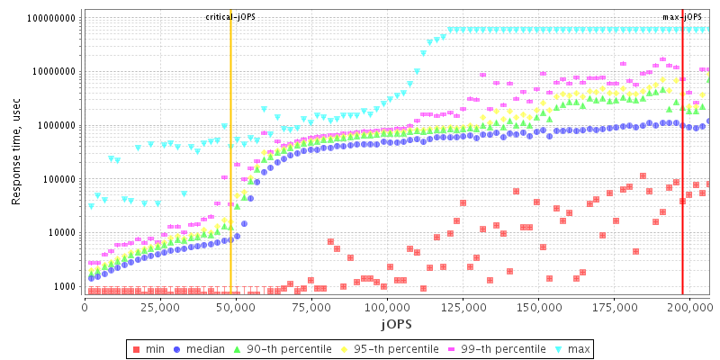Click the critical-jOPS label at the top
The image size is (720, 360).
tap(230, 17)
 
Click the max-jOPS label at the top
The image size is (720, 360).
tap(681, 17)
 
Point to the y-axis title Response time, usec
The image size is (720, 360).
tap(16, 153)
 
